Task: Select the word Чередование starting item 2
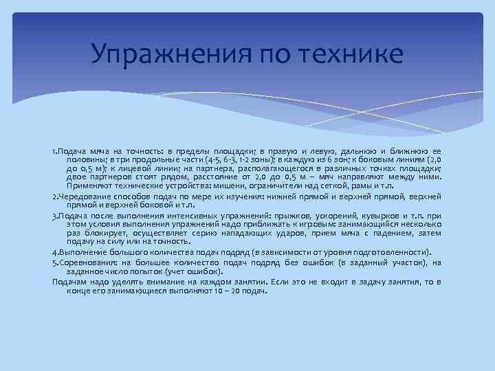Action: (85, 196)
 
